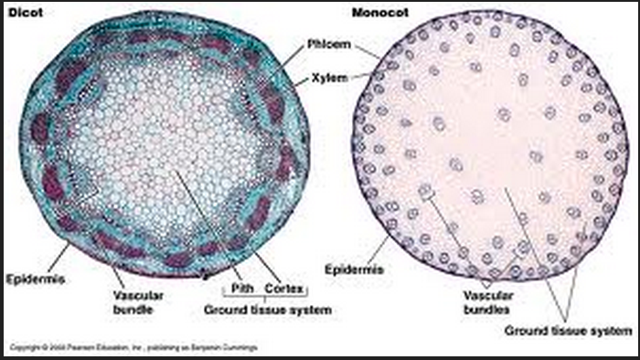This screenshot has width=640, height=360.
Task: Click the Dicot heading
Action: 20,10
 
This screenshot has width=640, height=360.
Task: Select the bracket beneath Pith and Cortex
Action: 263,296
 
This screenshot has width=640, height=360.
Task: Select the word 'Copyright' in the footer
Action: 21,348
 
